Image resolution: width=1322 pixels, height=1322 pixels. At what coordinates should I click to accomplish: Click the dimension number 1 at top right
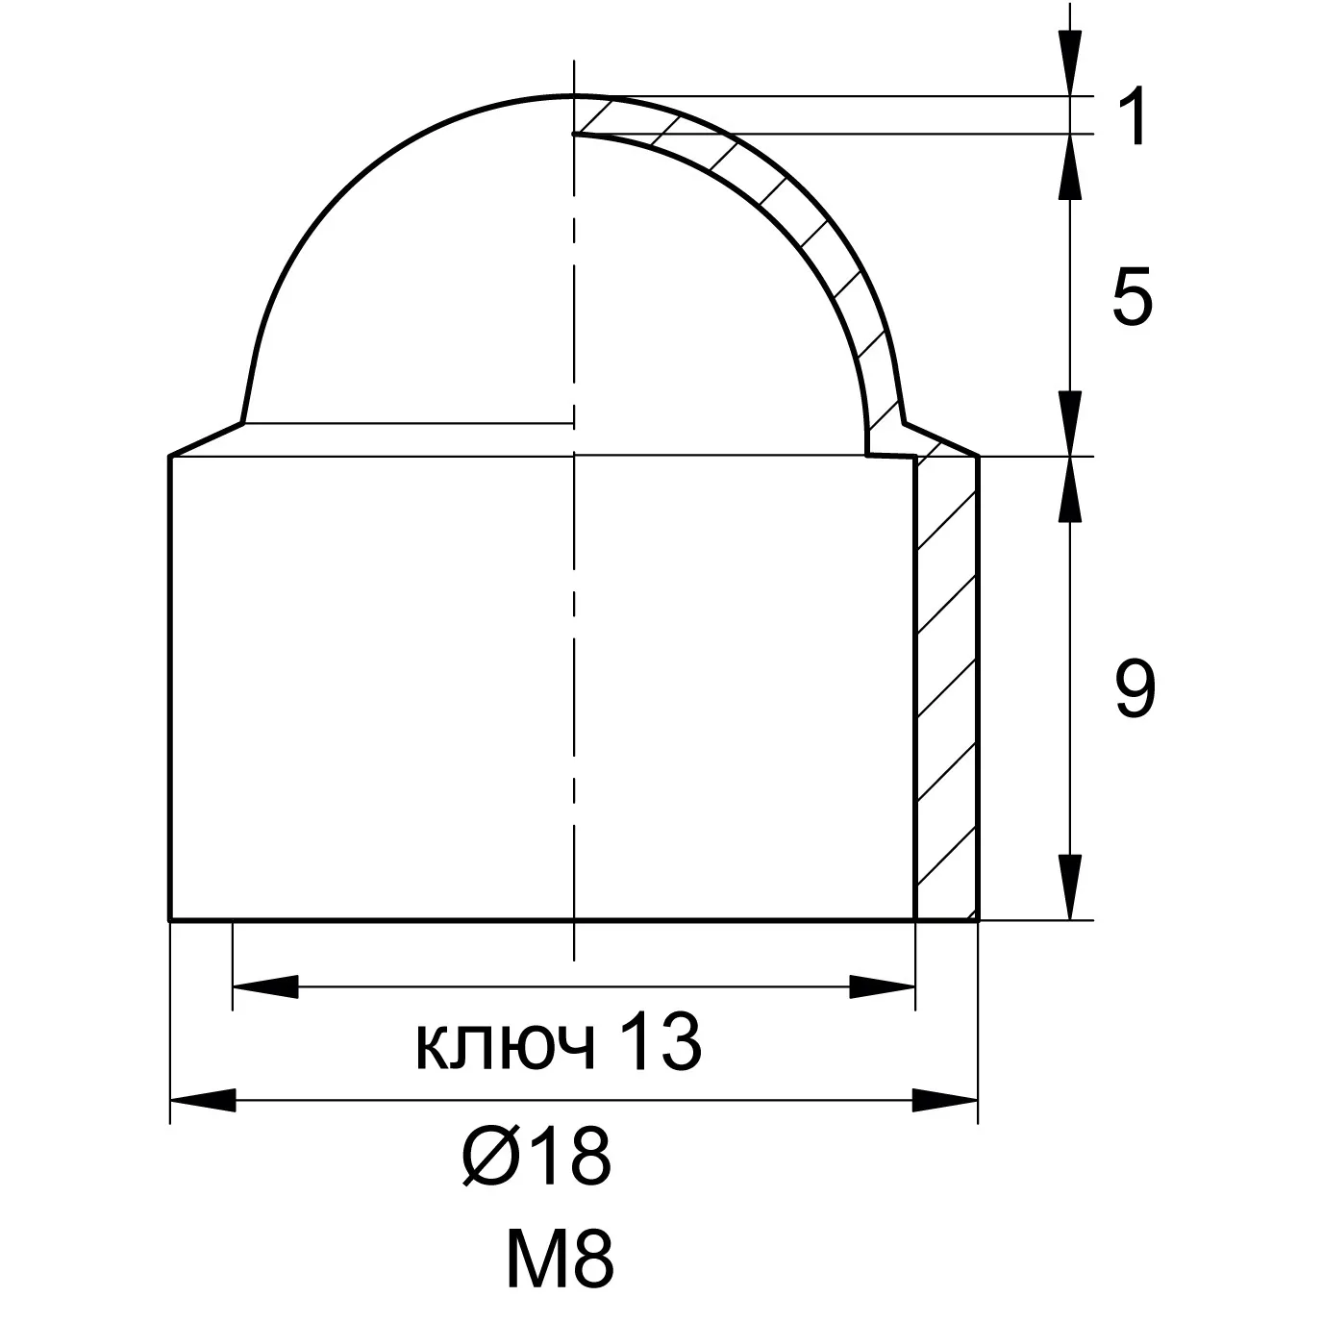1134,115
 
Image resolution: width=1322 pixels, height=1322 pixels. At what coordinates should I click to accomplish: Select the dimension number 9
1135,688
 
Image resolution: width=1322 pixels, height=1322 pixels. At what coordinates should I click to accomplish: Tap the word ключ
506,1050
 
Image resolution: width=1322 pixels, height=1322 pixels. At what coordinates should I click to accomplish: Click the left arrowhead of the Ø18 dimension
203,1100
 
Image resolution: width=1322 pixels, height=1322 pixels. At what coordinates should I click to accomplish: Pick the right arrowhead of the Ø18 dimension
945,1100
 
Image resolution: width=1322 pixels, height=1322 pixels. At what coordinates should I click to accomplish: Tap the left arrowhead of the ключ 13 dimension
266,986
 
